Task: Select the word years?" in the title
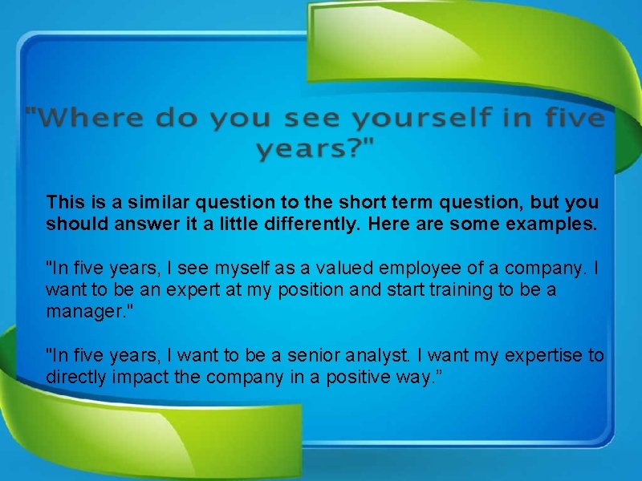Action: pyautogui.click(x=316, y=149)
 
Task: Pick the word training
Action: pyautogui.click(x=457, y=289)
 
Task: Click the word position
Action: pyautogui.click(x=313, y=289)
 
